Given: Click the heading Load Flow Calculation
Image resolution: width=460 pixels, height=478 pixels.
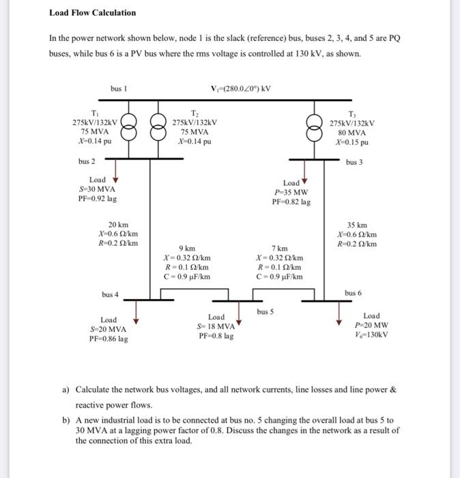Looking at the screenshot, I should click(x=92, y=12).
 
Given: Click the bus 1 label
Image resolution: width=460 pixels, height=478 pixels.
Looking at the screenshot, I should click(x=119, y=88).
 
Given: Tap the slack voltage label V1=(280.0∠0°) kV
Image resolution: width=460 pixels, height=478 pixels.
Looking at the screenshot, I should click(x=242, y=88).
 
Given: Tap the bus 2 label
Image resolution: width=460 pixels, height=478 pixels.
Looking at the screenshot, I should click(x=87, y=162).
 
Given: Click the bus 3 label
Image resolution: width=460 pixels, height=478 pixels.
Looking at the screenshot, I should click(x=353, y=163).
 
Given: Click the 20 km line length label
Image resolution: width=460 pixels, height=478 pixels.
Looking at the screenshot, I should click(x=118, y=225).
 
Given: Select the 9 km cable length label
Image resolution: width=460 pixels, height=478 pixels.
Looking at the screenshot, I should click(x=186, y=248).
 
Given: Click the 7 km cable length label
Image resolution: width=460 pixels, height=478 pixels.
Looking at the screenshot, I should click(x=279, y=248).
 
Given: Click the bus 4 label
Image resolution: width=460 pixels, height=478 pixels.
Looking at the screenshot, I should click(x=110, y=294).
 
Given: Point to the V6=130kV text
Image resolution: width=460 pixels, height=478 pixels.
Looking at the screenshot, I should click(x=371, y=335).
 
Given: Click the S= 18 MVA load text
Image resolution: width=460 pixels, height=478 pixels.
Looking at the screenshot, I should click(x=216, y=326).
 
